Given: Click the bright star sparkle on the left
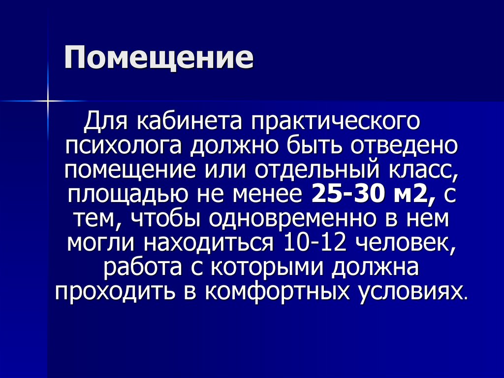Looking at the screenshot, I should pos(48,101).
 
